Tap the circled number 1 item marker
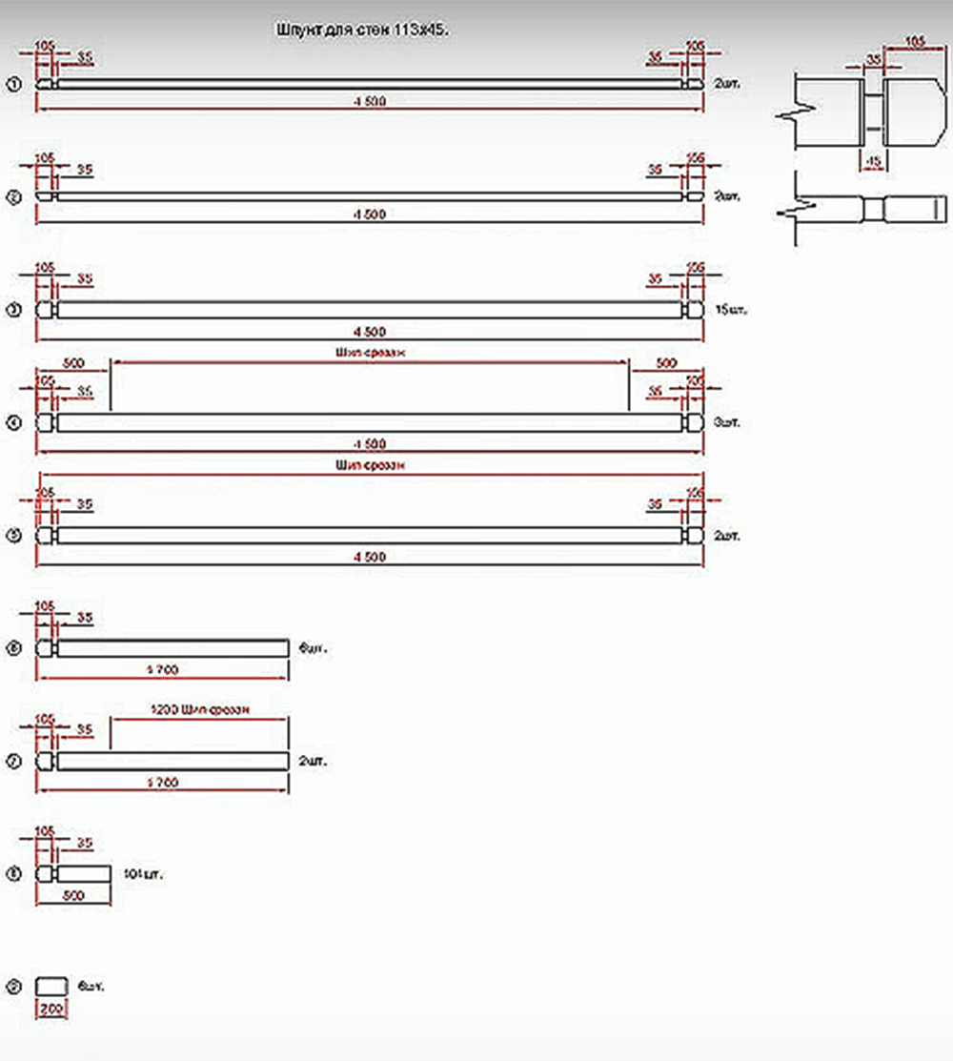pos(13,85)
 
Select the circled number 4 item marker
pos(13,422)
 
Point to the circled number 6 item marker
pos(13,649)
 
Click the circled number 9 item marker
pos(13,986)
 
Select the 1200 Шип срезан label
pos(200,710)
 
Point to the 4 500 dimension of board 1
pos(370,102)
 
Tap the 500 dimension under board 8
pos(72,895)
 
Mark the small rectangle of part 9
pos(51,986)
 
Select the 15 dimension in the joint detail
pos(874,161)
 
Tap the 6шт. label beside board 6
pos(312,648)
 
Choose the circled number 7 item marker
pos(13,762)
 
